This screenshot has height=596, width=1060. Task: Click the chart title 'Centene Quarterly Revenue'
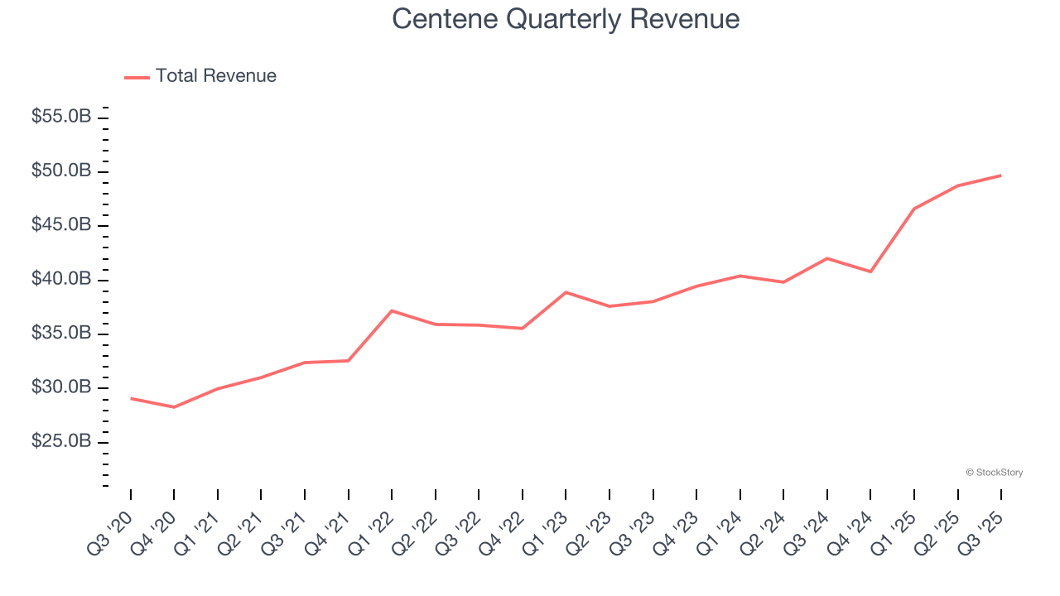[x=566, y=18]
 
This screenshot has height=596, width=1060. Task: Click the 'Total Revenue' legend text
[x=215, y=76]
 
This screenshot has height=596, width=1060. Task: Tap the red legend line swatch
[x=137, y=77]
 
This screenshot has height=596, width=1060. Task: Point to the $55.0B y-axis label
[x=61, y=117]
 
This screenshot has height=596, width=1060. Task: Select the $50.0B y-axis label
[x=61, y=171]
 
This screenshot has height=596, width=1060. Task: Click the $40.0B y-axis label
[x=61, y=279]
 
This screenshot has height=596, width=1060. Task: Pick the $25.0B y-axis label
[x=61, y=442]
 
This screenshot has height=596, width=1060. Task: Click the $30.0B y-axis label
[x=61, y=387]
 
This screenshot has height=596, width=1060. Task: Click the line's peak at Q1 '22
[x=392, y=310]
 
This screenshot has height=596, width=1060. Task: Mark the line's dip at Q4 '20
[x=174, y=407]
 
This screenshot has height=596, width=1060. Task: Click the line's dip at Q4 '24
[x=870, y=272]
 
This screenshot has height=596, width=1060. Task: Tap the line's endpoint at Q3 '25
[x=1000, y=175]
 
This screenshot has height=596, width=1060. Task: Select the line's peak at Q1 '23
[x=566, y=292]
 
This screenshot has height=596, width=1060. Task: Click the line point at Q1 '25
[x=914, y=209]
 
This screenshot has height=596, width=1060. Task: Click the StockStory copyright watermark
[x=994, y=473]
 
